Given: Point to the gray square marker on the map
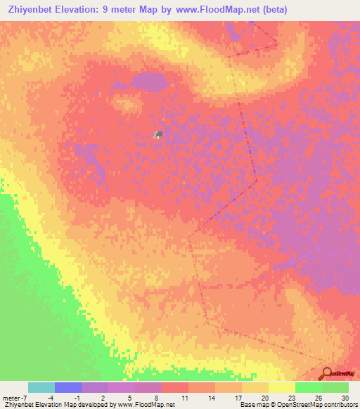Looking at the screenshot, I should coord(160,134).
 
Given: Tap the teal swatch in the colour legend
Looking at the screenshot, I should coord(41,387).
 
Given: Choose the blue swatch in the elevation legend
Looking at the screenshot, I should coord(68,387).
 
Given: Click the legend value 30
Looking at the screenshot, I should coord(345,397).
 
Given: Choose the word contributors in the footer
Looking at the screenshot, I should coord(340,405).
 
